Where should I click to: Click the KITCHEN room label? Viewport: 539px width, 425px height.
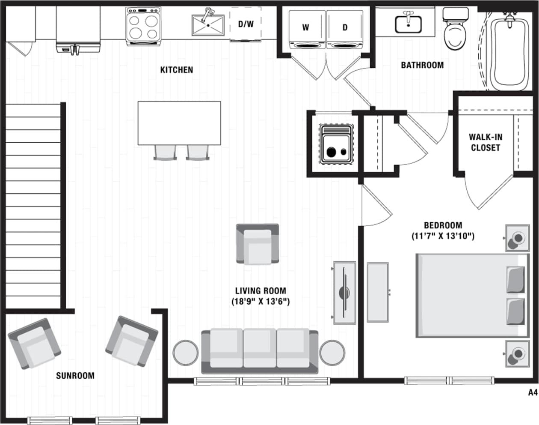pos(176,70)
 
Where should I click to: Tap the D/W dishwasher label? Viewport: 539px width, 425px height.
pos(246,24)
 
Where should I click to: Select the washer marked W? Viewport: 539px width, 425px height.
pos(306,30)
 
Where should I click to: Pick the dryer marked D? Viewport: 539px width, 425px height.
pos(345,30)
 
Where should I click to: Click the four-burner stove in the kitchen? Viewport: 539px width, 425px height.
pos(143,27)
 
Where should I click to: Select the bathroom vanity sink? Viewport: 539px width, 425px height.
pos(408,24)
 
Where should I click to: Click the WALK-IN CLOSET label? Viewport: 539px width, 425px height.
pos(485,142)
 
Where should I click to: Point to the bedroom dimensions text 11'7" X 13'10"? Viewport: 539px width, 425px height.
pos(443,236)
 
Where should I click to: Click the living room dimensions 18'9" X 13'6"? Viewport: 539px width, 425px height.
pos(260,301)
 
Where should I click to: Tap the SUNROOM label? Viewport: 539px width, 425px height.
pos(75,376)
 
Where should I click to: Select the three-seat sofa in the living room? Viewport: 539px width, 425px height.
pos(260,350)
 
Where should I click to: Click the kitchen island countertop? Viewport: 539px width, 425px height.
pos(179,123)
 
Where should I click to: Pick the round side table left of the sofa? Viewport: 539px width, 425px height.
pos(186,352)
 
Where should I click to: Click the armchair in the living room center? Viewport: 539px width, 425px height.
pos(258,244)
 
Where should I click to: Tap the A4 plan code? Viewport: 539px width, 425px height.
pos(532,392)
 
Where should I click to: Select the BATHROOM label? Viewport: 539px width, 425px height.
pos(422,65)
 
